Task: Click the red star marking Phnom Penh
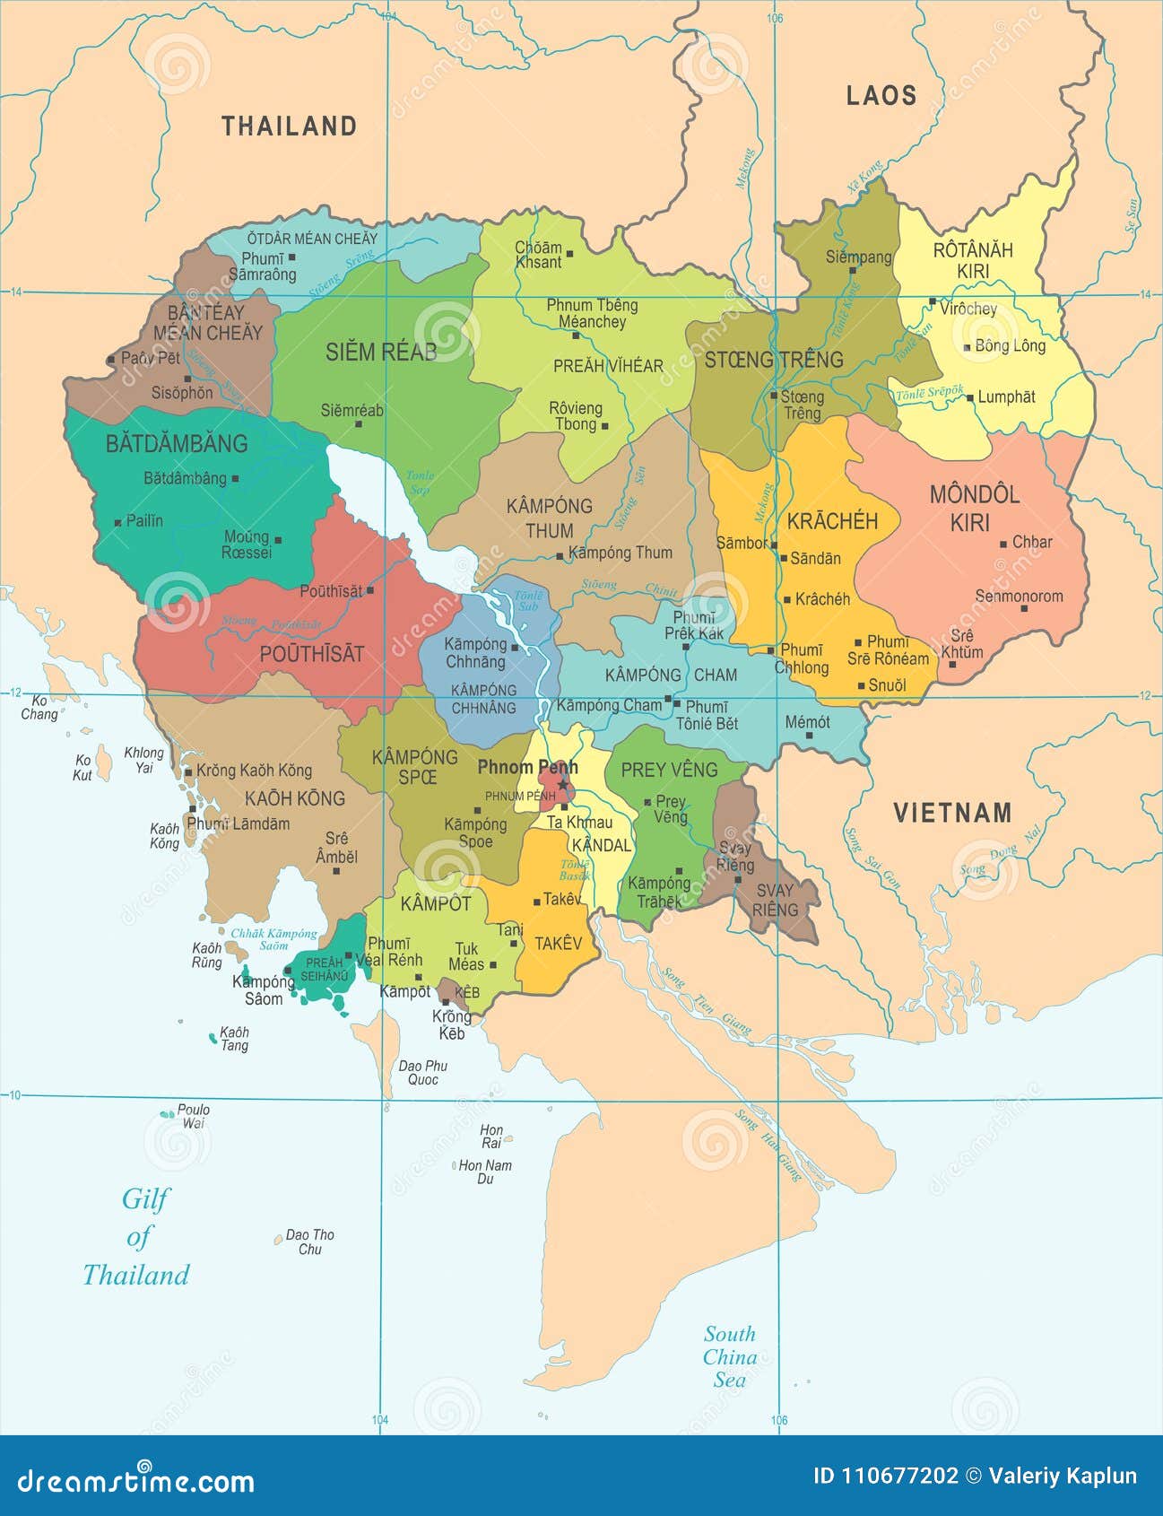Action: coord(563,785)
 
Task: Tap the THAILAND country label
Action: coord(289,126)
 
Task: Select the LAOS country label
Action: coord(881,96)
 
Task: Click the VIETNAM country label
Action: coord(952,813)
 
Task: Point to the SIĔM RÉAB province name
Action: coord(380,352)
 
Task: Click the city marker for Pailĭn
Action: coord(117,521)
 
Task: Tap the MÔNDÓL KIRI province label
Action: coord(973,508)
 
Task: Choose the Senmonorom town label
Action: coord(1019,596)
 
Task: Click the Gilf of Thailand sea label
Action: coord(136,1237)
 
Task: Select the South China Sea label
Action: coord(729,1356)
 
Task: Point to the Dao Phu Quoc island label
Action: coord(423,1073)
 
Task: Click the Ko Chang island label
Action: coord(39,708)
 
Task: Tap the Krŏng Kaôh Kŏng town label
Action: coord(254,771)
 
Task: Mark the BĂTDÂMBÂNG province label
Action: coord(177,443)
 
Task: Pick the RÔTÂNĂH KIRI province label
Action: coord(973,260)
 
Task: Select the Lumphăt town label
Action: coord(1006,396)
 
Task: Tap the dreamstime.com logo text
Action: coord(135,1479)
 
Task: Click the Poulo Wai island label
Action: coord(193,1116)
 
